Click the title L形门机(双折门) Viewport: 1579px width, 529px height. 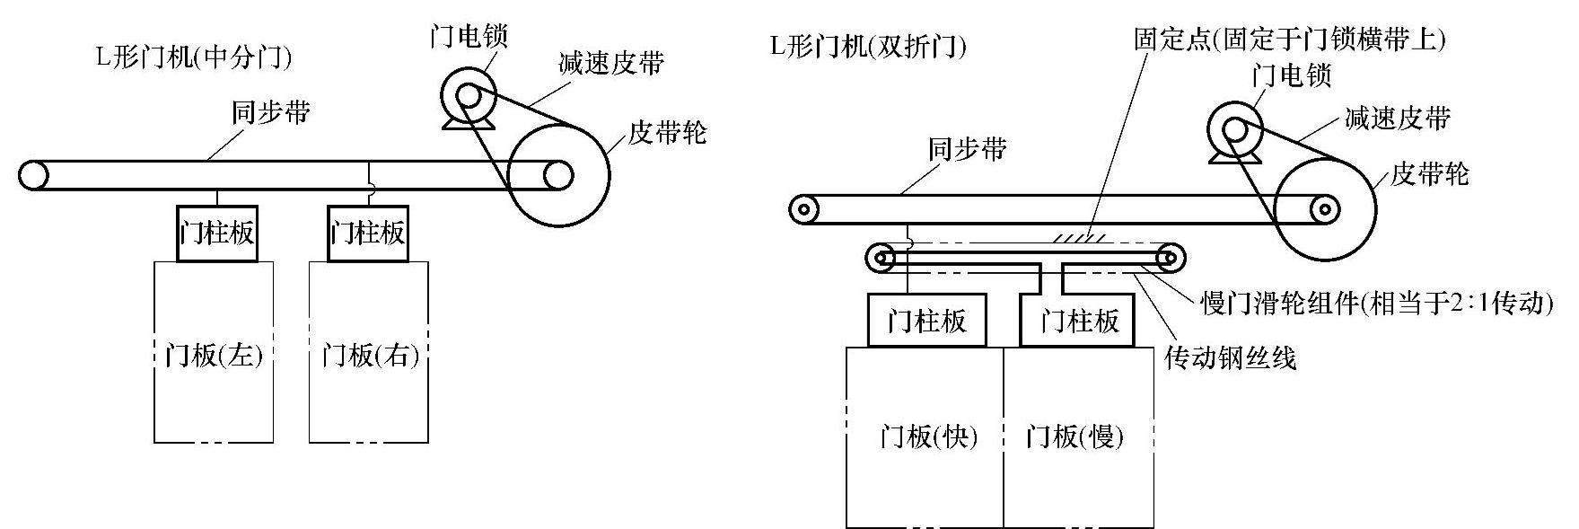tap(868, 46)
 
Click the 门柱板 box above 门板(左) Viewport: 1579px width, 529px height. tap(217, 234)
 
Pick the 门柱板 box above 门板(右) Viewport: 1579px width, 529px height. tap(368, 234)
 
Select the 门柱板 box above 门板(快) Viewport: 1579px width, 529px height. tap(926, 321)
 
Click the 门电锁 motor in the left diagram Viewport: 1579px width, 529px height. tap(468, 95)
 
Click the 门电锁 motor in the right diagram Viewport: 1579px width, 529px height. tap(1234, 130)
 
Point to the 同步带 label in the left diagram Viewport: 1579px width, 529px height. tap(271, 112)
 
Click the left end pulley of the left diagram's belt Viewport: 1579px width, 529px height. tap(33, 175)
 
